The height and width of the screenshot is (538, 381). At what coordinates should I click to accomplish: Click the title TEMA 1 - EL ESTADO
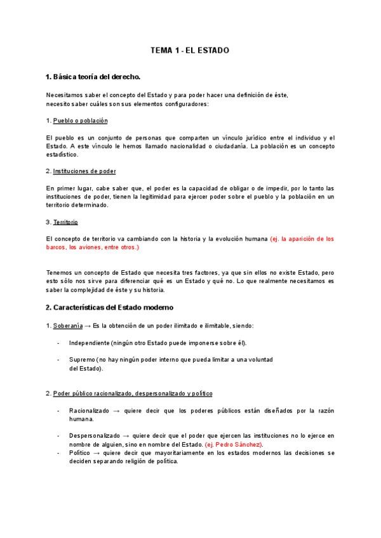coord(190,49)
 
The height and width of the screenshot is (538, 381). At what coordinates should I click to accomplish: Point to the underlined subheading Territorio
coord(65,222)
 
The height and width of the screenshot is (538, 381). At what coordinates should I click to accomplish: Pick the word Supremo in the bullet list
coord(83,360)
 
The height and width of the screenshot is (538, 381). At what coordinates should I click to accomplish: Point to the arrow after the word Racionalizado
coord(117,410)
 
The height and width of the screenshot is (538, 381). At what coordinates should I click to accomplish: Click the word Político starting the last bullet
coord(81,453)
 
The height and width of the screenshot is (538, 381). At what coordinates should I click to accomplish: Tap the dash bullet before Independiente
coord(58,343)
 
